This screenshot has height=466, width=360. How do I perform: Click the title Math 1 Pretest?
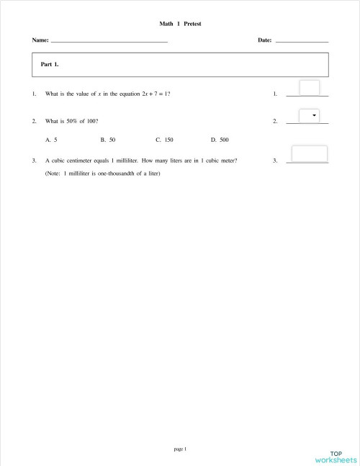(x=180, y=24)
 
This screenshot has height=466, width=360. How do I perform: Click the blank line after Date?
(x=302, y=42)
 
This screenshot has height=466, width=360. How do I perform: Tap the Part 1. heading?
(x=50, y=64)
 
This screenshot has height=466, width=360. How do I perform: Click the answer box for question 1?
(x=309, y=88)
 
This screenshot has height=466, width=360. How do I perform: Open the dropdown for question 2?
(x=309, y=116)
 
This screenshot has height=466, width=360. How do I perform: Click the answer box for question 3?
(x=309, y=154)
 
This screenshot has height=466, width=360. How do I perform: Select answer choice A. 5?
(x=51, y=139)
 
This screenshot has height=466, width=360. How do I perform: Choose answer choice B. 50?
(x=108, y=139)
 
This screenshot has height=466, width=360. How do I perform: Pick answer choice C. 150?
(x=164, y=139)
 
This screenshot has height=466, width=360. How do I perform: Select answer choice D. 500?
(x=220, y=139)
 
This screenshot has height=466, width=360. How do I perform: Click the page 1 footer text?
(x=180, y=449)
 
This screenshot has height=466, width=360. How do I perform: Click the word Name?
(x=40, y=41)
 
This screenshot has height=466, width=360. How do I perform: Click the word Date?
(x=264, y=41)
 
